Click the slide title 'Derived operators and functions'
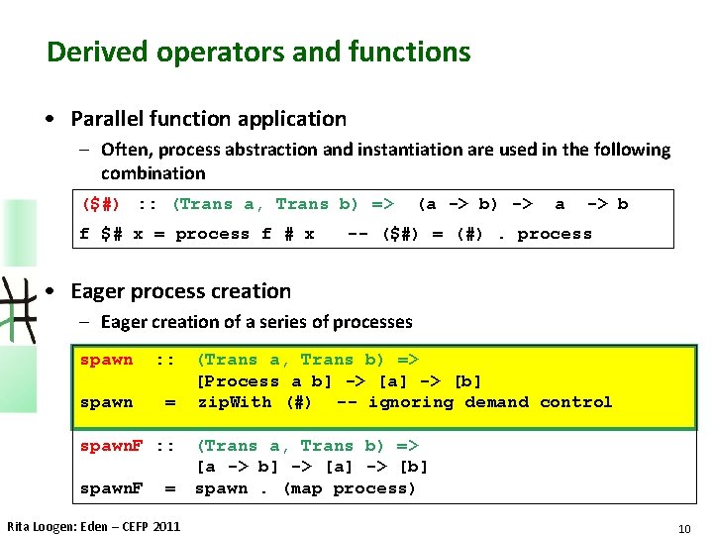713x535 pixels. tap(258, 52)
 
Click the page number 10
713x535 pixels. tap(683, 528)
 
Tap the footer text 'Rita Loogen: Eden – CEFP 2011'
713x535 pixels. tap(94, 526)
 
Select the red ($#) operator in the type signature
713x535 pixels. tap(101, 204)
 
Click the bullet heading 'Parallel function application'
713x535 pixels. tap(208, 119)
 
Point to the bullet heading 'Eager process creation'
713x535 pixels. tap(180, 291)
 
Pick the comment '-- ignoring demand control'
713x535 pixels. tap(474, 402)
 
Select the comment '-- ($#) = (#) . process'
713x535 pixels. tap(469, 234)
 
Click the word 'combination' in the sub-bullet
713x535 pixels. tap(153, 172)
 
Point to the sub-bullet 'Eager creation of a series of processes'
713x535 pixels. tap(256, 321)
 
